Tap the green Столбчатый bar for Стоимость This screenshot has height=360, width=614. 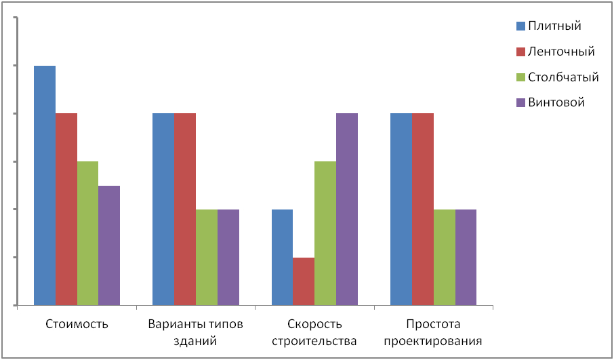click(87, 233)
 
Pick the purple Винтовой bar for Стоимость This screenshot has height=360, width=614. click(109, 245)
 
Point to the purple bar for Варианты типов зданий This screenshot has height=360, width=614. click(228, 257)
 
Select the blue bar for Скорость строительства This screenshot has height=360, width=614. click(282, 257)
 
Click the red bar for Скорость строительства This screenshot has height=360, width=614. click(304, 281)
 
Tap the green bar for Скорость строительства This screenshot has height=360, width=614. click(325, 233)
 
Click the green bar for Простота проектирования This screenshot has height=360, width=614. click(444, 257)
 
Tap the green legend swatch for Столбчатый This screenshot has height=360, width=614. click(520, 77)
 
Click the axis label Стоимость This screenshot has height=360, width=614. click(77, 324)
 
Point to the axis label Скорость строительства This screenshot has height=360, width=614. click(314, 332)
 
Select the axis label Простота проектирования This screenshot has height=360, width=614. click(433, 332)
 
